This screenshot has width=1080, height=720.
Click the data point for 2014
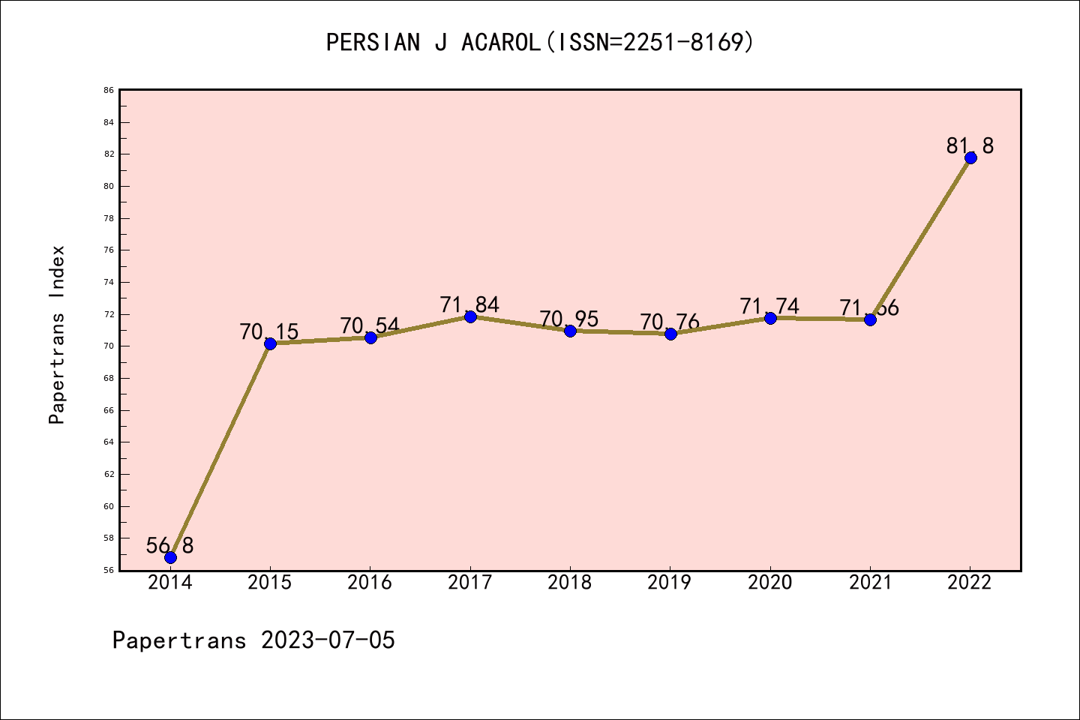click(x=170, y=557)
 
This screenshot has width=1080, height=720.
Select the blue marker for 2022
click(x=970, y=157)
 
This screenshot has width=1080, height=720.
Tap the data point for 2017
click(x=470, y=316)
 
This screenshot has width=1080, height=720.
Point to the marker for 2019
click(x=670, y=334)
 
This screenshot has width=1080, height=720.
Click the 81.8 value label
click(x=970, y=145)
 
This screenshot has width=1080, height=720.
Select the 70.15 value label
click(x=269, y=331)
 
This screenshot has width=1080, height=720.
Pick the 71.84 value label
click(x=469, y=304)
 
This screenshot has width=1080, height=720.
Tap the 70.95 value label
click(x=569, y=319)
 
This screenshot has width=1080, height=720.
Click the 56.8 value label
click(x=169, y=545)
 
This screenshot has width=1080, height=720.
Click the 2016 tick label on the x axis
click(x=370, y=582)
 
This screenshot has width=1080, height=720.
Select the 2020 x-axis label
click(x=770, y=582)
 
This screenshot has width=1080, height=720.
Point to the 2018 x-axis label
click(x=570, y=582)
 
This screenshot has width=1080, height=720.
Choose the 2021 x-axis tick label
click(x=870, y=582)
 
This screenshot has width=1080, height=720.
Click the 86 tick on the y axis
click(x=109, y=90)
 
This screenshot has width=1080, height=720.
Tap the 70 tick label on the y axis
click(x=109, y=346)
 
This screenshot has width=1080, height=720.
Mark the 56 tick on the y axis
click(x=109, y=571)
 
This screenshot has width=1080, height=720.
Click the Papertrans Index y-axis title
click(x=58, y=334)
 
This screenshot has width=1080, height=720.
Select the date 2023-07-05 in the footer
click(x=328, y=640)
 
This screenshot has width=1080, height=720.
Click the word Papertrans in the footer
click(x=179, y=640)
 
